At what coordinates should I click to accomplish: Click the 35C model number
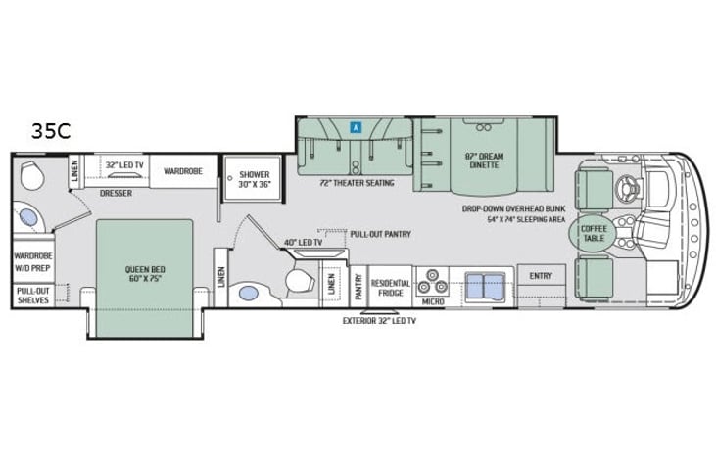click(51, 131)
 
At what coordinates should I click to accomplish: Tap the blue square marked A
click(356, 128)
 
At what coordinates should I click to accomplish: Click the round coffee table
click(594, 233)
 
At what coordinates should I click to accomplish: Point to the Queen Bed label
click(145, 274)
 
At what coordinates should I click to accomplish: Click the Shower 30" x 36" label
click(255, 179)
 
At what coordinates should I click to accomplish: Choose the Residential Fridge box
click(391, 287)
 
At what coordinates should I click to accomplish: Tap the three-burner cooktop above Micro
click(432, 282)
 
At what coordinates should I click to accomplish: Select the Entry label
click(541, 276)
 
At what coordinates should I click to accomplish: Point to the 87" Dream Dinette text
click(484, 161)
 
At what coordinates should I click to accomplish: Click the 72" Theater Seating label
click(357, 183)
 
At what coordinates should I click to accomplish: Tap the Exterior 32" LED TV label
click(379, 321)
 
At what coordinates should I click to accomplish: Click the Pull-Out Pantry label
click(380, 234)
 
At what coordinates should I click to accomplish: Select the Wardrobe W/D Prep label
click(33, 262)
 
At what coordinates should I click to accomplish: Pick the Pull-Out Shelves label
click(33, 296)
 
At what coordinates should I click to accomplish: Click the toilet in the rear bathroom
click(32, 174)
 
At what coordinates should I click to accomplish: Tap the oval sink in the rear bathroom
click(28, 217)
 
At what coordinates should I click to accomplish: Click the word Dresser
click(116, 193)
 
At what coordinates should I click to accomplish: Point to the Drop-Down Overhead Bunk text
click(513, 208)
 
